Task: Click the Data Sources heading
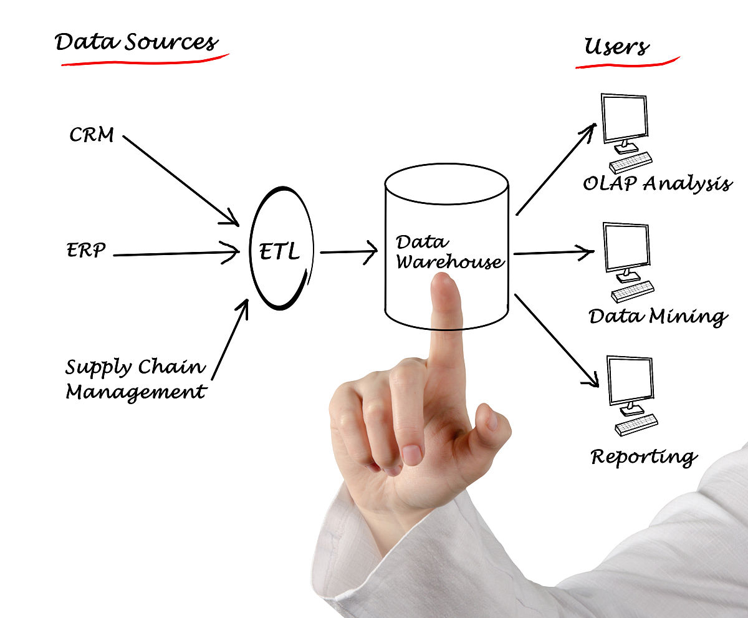pos(136,42)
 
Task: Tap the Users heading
pos(616,47)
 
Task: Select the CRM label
pos(92,135)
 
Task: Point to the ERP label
pos(87,250)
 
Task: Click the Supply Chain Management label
pos(136,379)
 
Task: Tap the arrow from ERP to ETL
pos(175,254)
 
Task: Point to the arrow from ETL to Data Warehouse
pos(348,252)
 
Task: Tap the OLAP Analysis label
pos(656,183)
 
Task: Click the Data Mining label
pos(658,316)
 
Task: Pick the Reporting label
pos(643,457)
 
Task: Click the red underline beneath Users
pos(626,64)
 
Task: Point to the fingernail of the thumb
pos(491,420)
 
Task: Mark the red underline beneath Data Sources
pos(145,60)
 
